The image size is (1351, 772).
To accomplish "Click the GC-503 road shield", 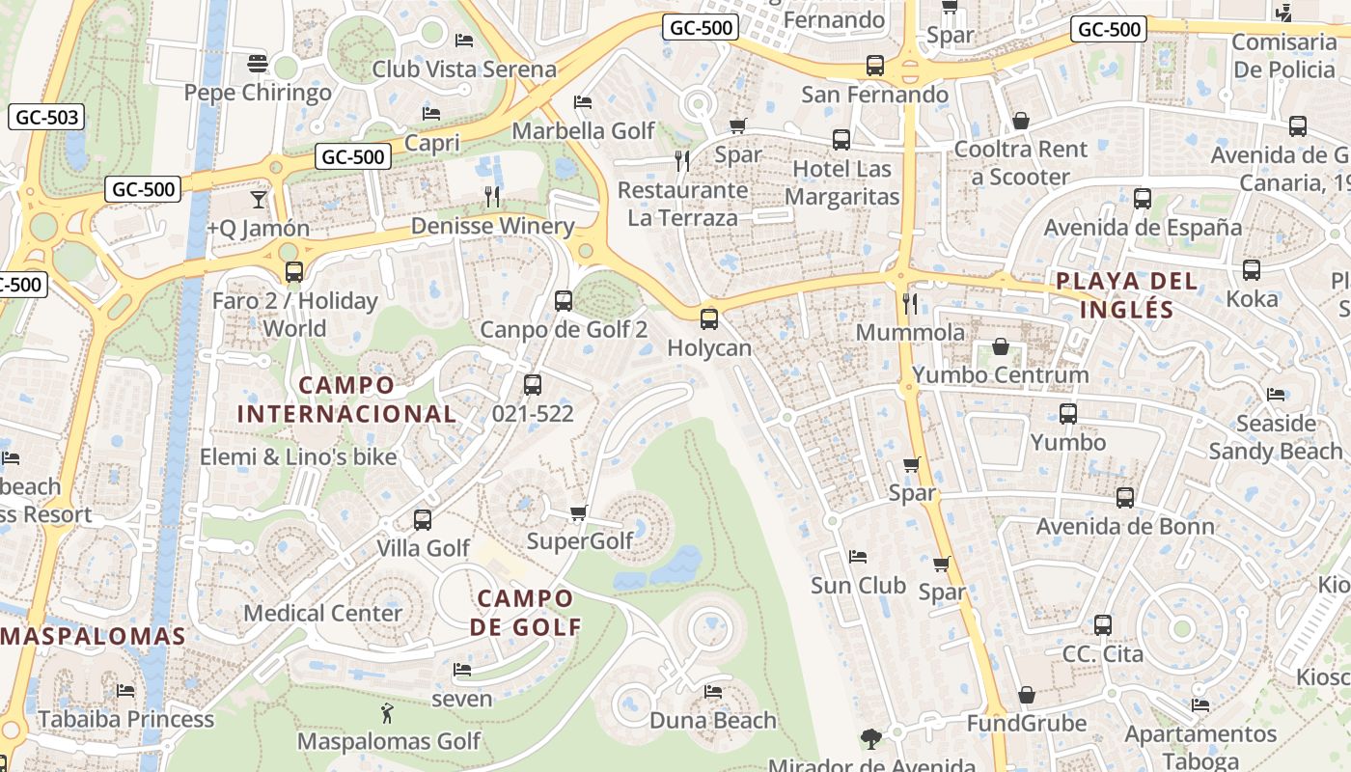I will click(x=46, y=118).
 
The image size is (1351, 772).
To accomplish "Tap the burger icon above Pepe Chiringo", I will click(x=257, y=64).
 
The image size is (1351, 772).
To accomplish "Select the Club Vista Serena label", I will click(x=464, y=69).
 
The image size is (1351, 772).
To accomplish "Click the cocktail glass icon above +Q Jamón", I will click(x=258, y=200).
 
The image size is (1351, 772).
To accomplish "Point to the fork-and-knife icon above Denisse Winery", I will click(x=492, y=197).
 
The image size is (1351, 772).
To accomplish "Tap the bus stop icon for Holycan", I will click(x=709, y=318).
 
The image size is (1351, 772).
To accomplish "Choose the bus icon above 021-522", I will click(x=532, y=385).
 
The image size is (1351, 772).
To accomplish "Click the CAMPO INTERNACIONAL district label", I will click(x=346, y=400).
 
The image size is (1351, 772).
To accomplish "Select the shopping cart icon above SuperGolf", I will click(x=578, y=512).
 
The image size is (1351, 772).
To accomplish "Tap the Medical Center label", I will click(x=322, y=613).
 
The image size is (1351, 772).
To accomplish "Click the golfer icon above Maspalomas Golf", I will click(x=388, y=714).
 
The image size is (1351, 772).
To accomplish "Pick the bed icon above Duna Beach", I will click(x=713, y=692).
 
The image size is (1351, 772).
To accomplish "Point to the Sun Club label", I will click(x=858, y=585).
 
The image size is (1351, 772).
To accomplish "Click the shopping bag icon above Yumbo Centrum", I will click(x=1001, y=346).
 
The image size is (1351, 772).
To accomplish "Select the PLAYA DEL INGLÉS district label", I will click(x=1126, y=295).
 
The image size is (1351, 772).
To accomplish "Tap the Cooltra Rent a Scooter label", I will click(x=1020, y=163).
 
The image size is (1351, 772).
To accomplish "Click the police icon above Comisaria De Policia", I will click(x=1283, y=14).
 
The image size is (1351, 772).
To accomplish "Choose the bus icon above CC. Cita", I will click(x=1103, y=625).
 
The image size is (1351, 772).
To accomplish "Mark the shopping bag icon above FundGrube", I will click(x=1027, y=696).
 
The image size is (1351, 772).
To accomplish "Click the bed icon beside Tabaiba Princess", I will click(x=125, y=691).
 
